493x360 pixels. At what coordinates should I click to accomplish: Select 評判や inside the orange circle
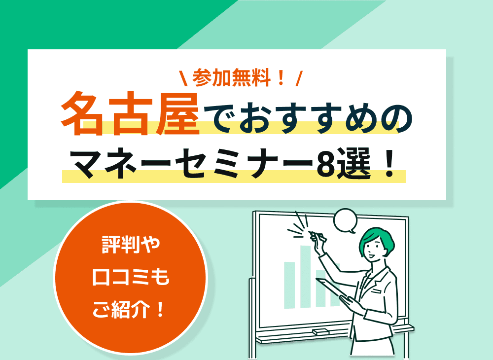click(131, 246)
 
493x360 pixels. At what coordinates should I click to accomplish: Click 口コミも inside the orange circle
click(131, 278)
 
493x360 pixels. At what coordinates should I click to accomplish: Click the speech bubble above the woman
click(345, 220)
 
